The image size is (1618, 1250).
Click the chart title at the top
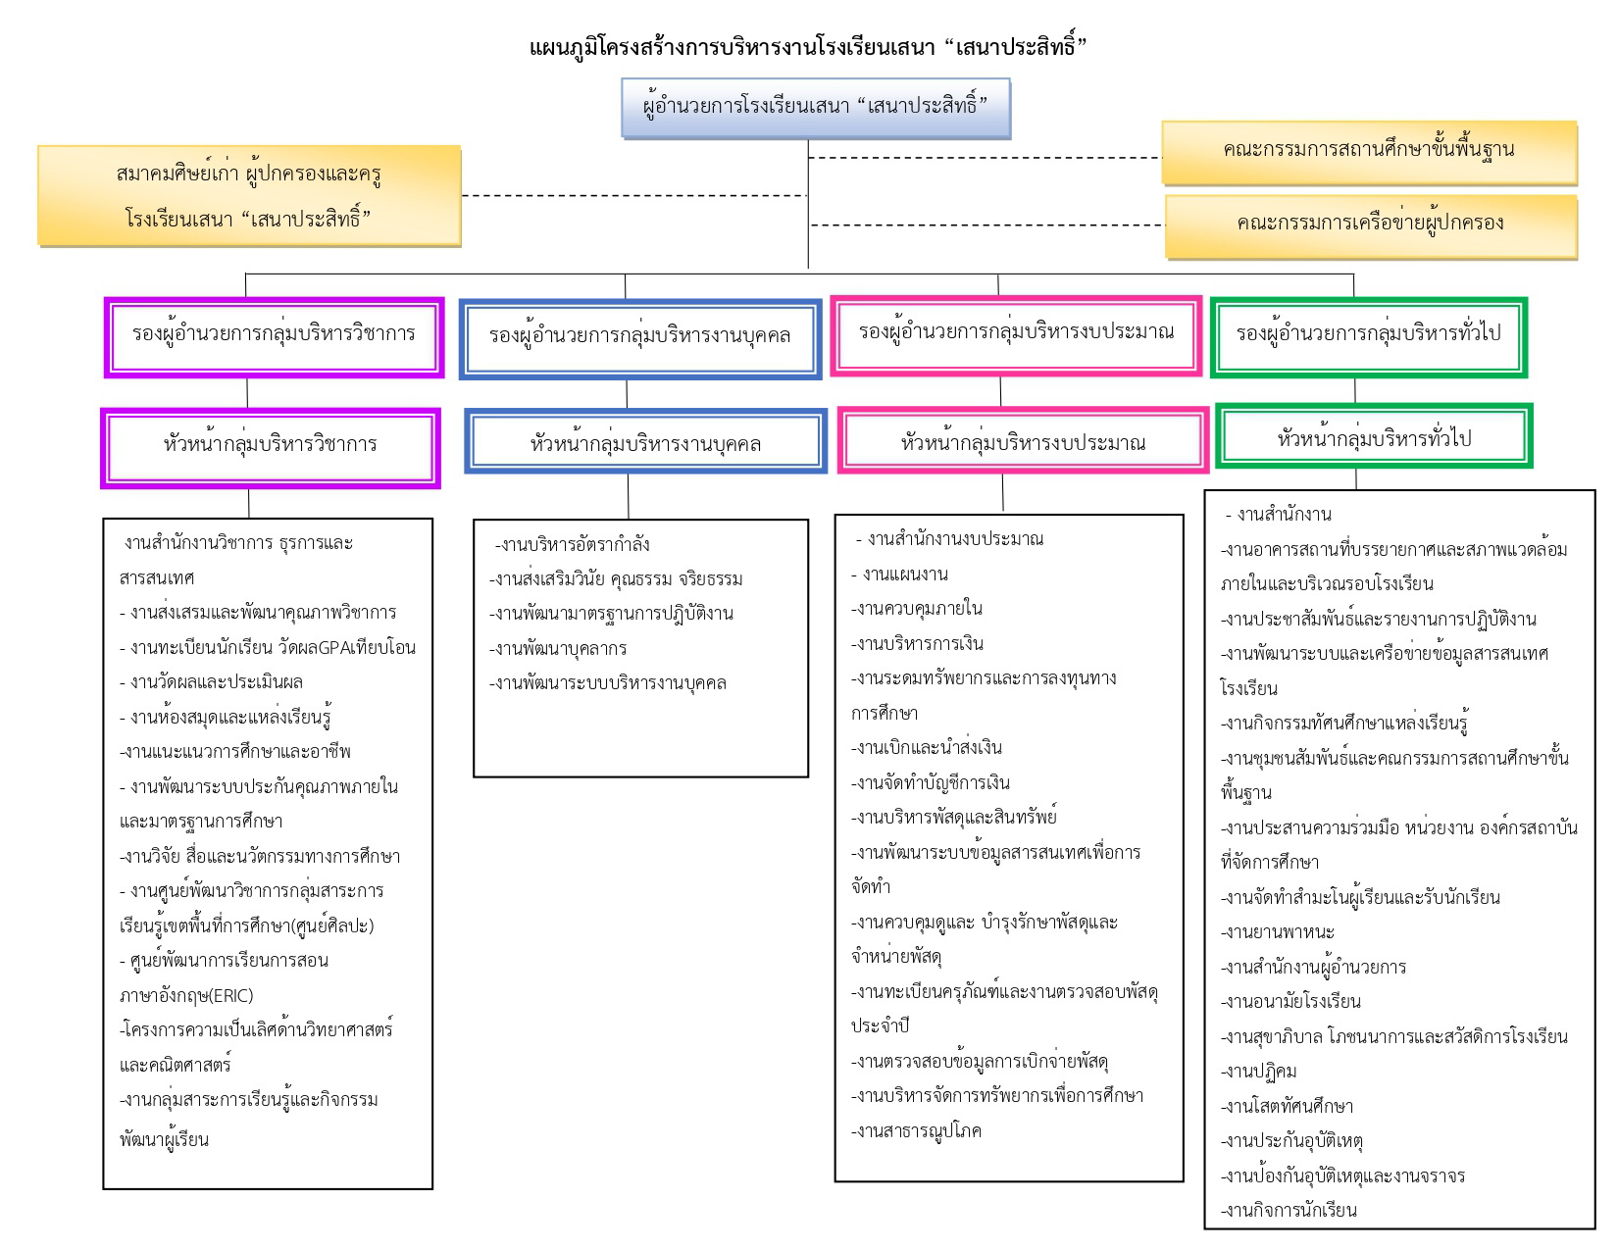808,46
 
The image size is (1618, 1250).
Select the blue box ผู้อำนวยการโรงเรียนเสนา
815,107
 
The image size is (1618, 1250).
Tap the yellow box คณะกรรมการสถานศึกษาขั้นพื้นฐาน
1369,150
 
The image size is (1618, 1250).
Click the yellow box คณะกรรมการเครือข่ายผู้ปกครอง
1370,224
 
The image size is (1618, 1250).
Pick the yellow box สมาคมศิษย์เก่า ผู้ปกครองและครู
249,196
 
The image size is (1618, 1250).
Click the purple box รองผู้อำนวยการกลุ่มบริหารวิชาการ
274,336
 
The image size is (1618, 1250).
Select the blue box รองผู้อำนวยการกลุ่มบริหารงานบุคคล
640,338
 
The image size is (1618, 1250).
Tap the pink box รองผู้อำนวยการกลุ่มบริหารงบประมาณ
1016,334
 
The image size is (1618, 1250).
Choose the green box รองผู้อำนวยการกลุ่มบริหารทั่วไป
1368,336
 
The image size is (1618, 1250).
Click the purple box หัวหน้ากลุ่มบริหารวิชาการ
270,446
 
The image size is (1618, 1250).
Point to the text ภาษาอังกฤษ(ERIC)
185,996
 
